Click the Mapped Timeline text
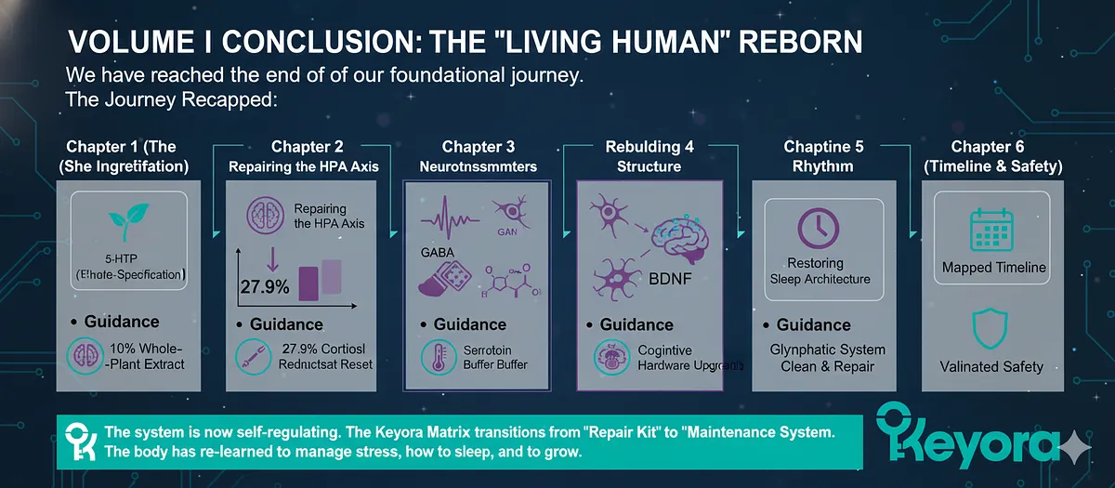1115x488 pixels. pyautogui.click(x=994, y=268)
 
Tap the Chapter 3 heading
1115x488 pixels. pyautogui.click(x=478, y=147)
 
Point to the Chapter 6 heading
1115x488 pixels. pyautogui.click(x=993, y=147)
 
